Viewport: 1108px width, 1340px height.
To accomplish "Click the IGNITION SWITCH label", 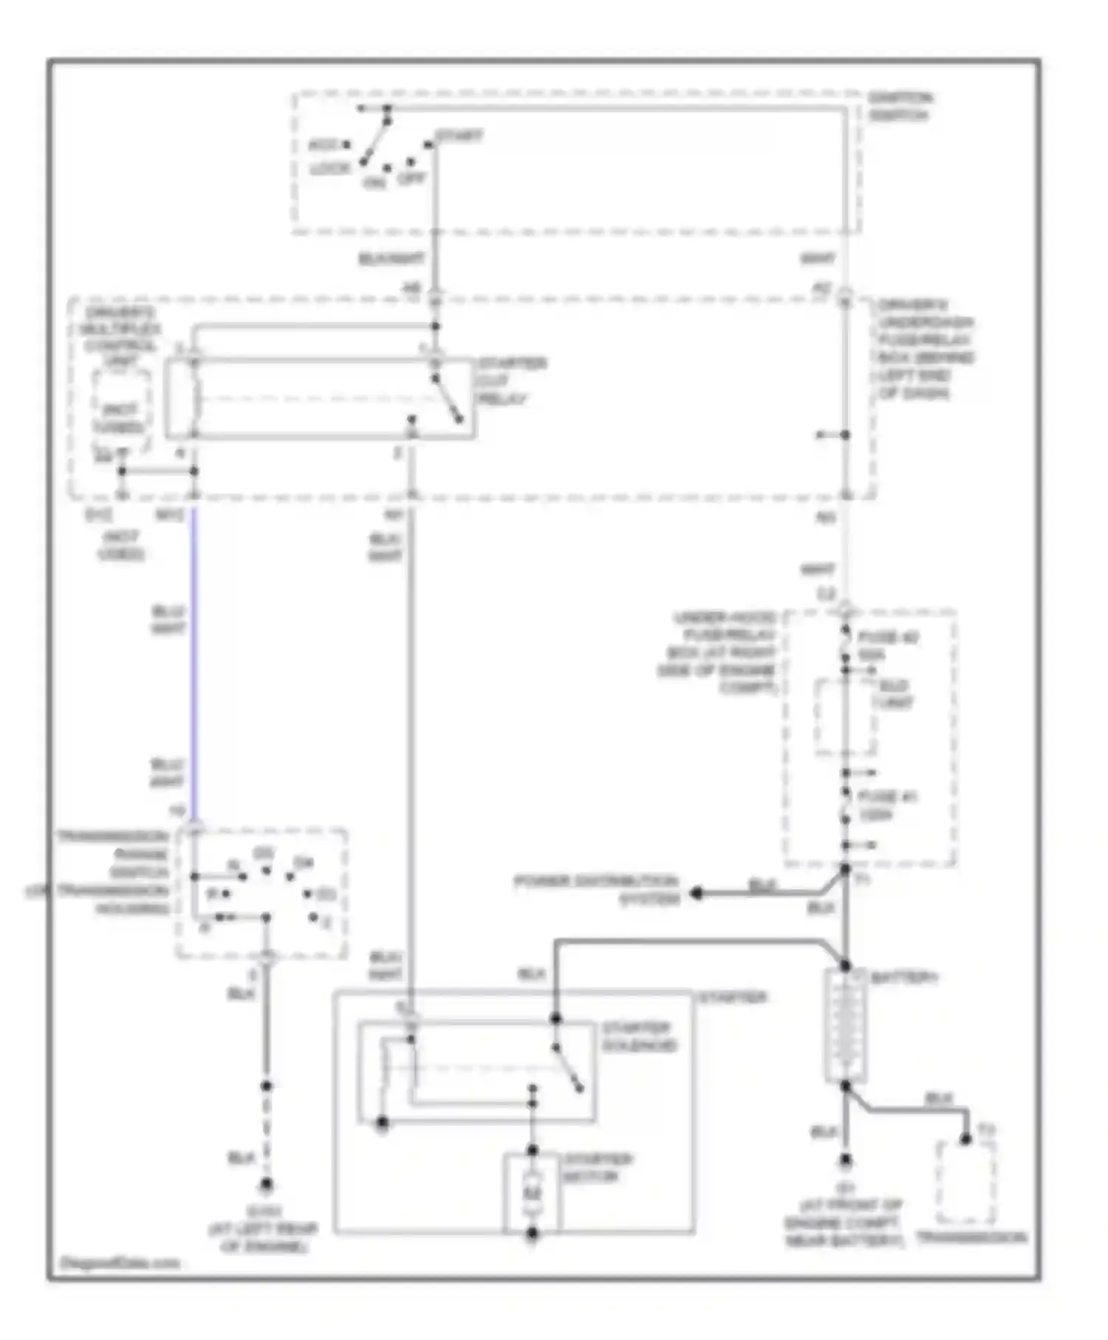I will pyautogui.click(x=899, y=106).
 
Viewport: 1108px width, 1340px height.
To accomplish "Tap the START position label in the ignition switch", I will pyautogui.click(x=459, y=136).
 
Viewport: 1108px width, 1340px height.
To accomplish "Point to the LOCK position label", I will pyautogui.click(x=329, y=169).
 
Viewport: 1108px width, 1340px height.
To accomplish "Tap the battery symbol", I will pyautogui.click(x=846, y=1027).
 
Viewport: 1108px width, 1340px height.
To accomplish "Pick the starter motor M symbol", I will pyautogui.click(x=532, y=1192).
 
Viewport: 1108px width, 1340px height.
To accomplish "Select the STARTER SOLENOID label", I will pyautogui.click(x=639, y=1037).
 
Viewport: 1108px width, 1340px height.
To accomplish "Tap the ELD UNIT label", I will pyautogui.click(x=893, y=694).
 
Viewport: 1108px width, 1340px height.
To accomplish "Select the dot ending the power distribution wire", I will pyautogui.click(x=696, y=894).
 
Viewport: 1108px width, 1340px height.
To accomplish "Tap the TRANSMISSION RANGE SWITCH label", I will pyautogui.click(x=112, y=872).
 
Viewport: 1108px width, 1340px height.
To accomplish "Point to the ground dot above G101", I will pyautogui.click(x=267, y=1186).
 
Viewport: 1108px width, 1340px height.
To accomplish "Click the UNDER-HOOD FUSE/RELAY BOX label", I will pyautogui.click(x=717, y=653).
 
